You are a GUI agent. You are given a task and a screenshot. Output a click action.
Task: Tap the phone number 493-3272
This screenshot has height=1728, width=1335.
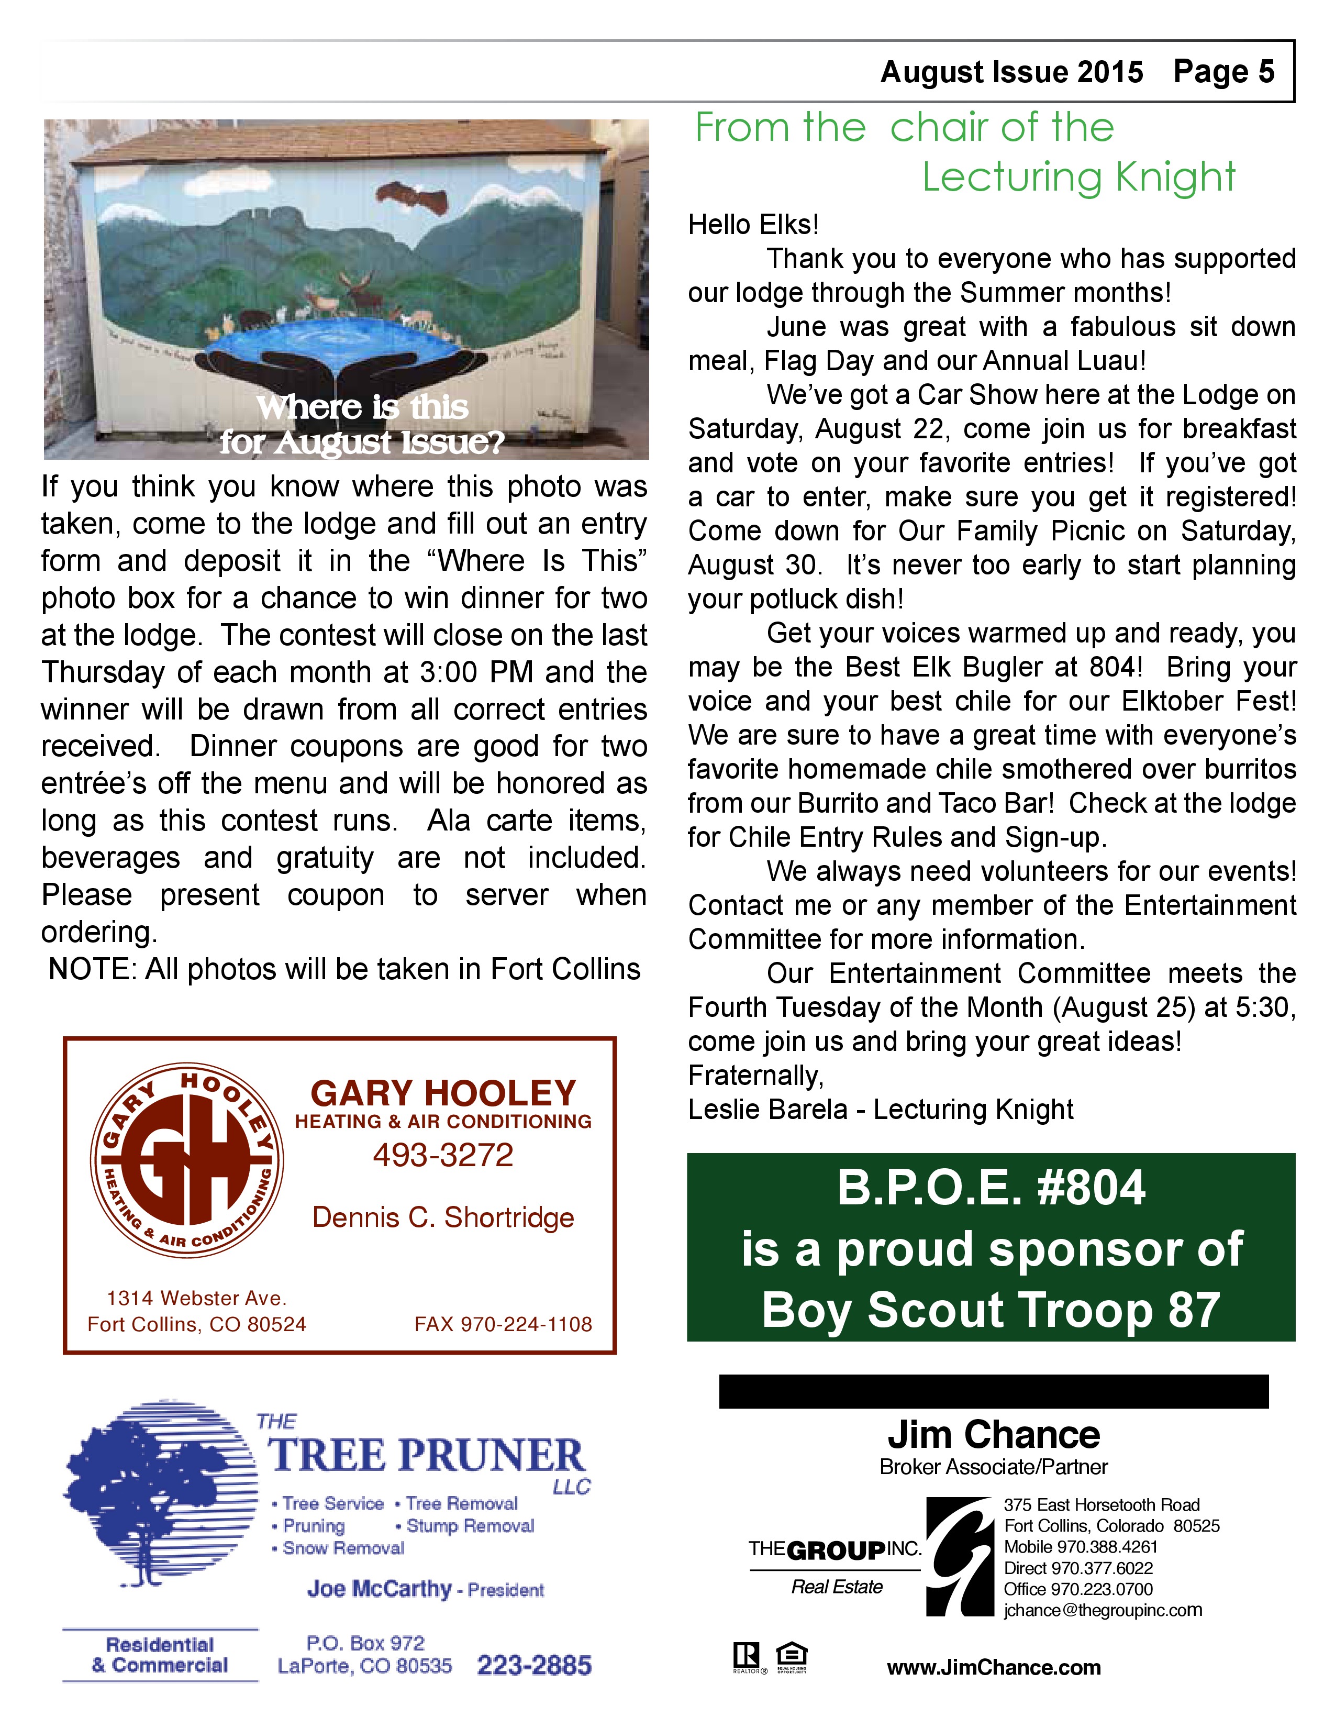[x=443, y=1155]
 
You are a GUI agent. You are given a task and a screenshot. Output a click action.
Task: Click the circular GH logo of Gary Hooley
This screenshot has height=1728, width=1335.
[x=187, y=1160]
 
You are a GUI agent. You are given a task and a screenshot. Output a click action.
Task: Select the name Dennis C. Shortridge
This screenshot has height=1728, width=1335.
[x=443, y=1217]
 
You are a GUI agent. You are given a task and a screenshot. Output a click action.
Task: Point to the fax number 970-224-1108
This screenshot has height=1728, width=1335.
[x=503, y=1324]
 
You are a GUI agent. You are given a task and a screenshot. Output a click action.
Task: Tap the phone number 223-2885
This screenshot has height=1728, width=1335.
[x=534, y=1666]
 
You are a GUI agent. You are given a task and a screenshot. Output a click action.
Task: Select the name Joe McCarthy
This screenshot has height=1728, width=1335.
[x=380, y=1589]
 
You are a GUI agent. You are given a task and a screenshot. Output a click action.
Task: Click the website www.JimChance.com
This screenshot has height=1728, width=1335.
[x=993, y=1668]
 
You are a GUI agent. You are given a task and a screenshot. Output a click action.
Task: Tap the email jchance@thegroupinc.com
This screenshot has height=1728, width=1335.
[x=1103, y=1610]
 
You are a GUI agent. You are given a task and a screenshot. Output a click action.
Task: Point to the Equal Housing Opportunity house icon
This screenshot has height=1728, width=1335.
[x=791, y=1654]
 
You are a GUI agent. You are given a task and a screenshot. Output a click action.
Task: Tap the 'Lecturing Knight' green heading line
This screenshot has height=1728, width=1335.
[x=1078, y=176]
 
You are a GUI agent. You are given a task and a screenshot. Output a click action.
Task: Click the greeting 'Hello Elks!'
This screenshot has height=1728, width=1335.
[x=753, y=225]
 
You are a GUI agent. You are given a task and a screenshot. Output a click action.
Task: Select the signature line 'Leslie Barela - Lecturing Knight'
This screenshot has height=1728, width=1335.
[x=880, y=1109]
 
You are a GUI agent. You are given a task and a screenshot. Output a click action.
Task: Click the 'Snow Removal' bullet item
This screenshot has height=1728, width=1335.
[x=342, y=1547]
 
